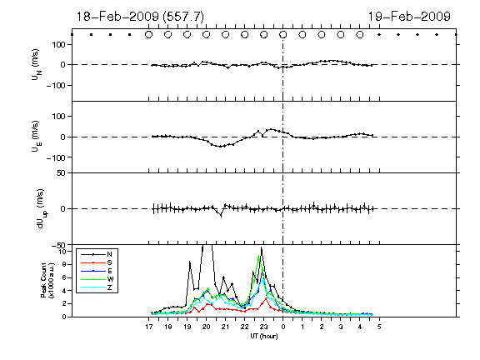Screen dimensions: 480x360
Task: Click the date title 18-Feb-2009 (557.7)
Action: pos(140,17)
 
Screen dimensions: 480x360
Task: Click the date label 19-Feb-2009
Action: pos(409,17)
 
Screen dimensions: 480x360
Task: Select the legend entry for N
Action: pos(97,254)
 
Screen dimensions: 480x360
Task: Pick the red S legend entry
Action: pos(97,262)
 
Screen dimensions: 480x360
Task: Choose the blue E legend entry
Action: pos(97,271)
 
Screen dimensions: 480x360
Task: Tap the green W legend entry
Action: pos(97,279)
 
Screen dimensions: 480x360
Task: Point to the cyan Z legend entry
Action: pos(97,287)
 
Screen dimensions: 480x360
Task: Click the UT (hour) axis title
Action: pos(264,336)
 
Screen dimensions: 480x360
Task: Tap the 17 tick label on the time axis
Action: pos(149,327)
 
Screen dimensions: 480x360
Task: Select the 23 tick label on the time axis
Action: pos(264,327)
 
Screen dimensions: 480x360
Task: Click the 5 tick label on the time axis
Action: pos(379,327)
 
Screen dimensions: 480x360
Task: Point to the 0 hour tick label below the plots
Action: pos(283,327)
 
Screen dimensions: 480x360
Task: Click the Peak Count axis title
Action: pos(47,280)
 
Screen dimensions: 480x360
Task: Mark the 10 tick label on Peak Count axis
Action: pos(62,252)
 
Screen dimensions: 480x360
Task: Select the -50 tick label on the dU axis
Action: pos(59,245)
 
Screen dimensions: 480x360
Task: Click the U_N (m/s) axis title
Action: pos(37,65)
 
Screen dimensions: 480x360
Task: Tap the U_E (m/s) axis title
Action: pos(37,137)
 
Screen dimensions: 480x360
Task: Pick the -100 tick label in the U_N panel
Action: pos(57,85)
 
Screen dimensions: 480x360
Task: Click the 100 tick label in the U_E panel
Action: pos(60,117)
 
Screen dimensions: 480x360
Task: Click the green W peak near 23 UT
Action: pos(259,256)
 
